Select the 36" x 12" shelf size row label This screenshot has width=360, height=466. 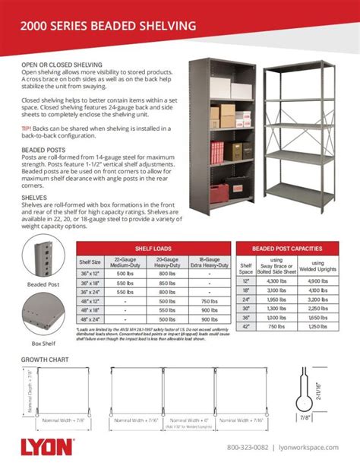coord(92,272)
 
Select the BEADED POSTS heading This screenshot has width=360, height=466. coord(43,151)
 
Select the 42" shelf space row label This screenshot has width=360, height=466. coord(245,325)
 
